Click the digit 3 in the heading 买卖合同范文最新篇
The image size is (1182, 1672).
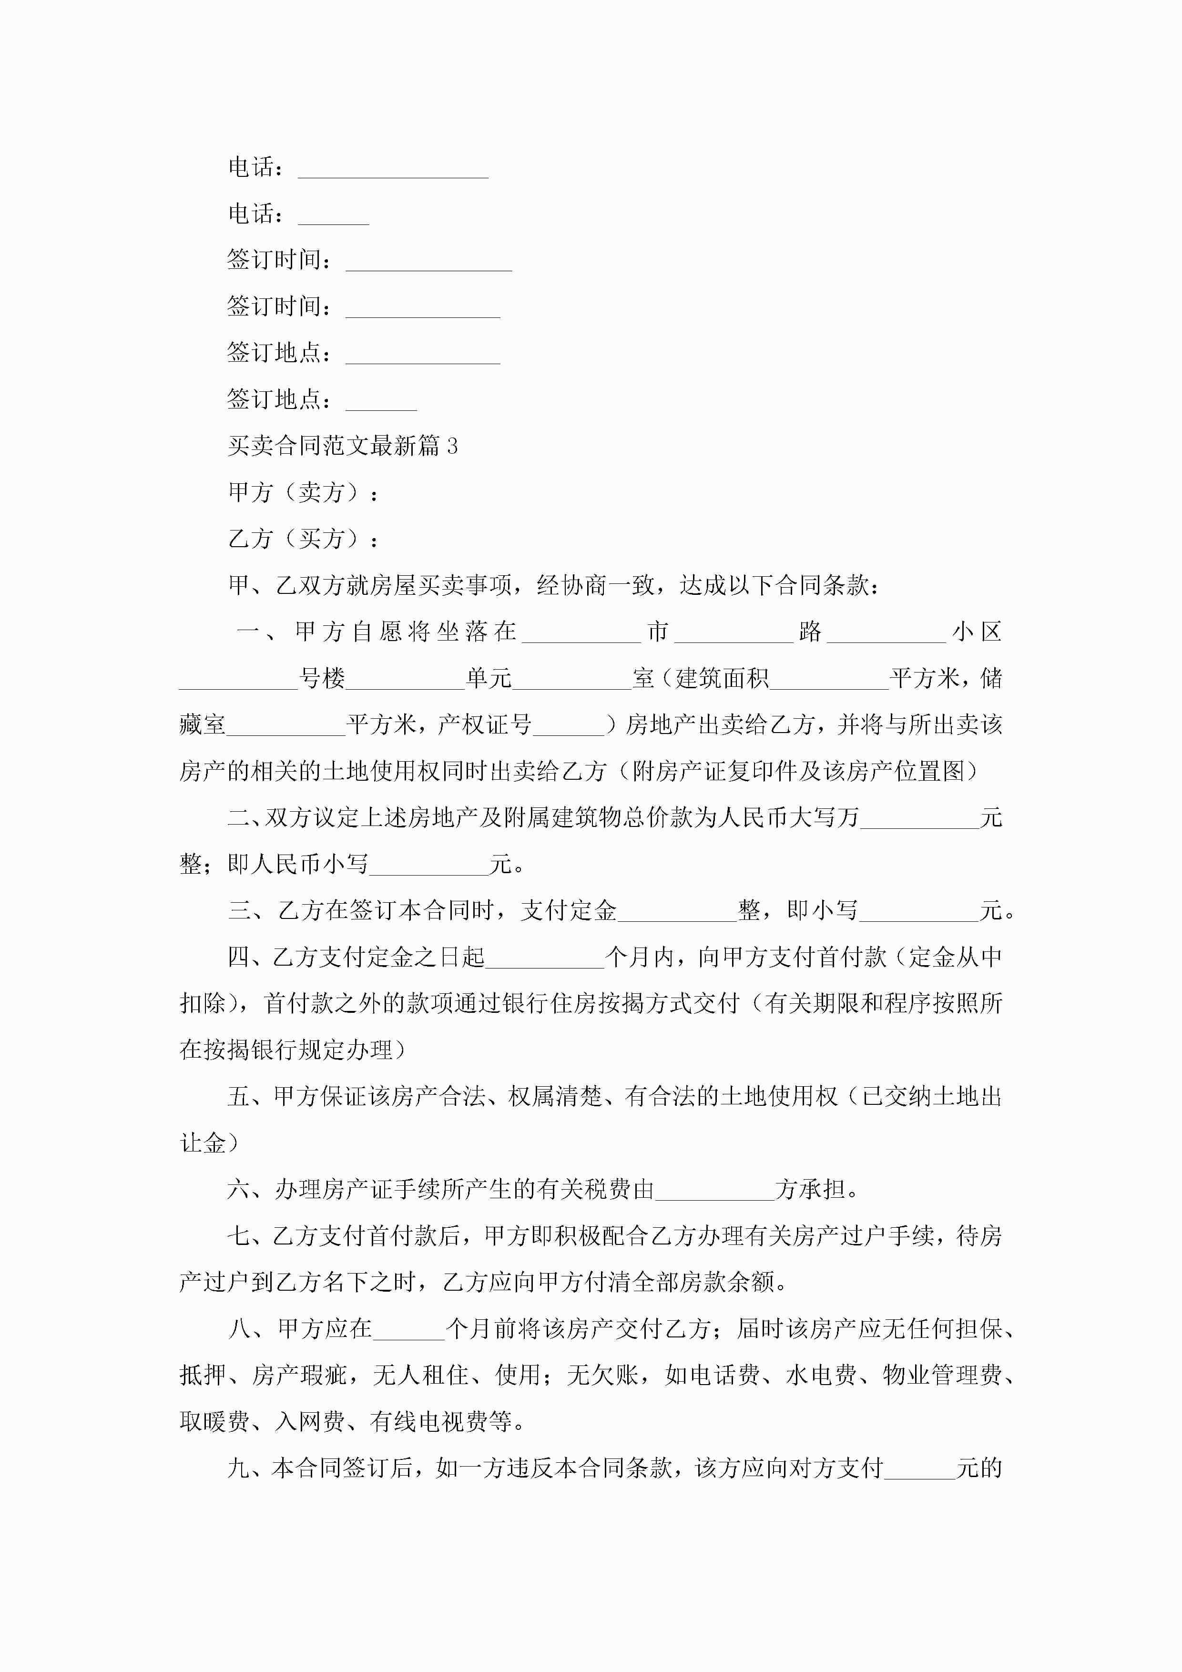(452, 446)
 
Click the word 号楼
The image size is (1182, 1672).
(322, 679)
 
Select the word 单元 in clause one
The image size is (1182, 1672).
(489, 679)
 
